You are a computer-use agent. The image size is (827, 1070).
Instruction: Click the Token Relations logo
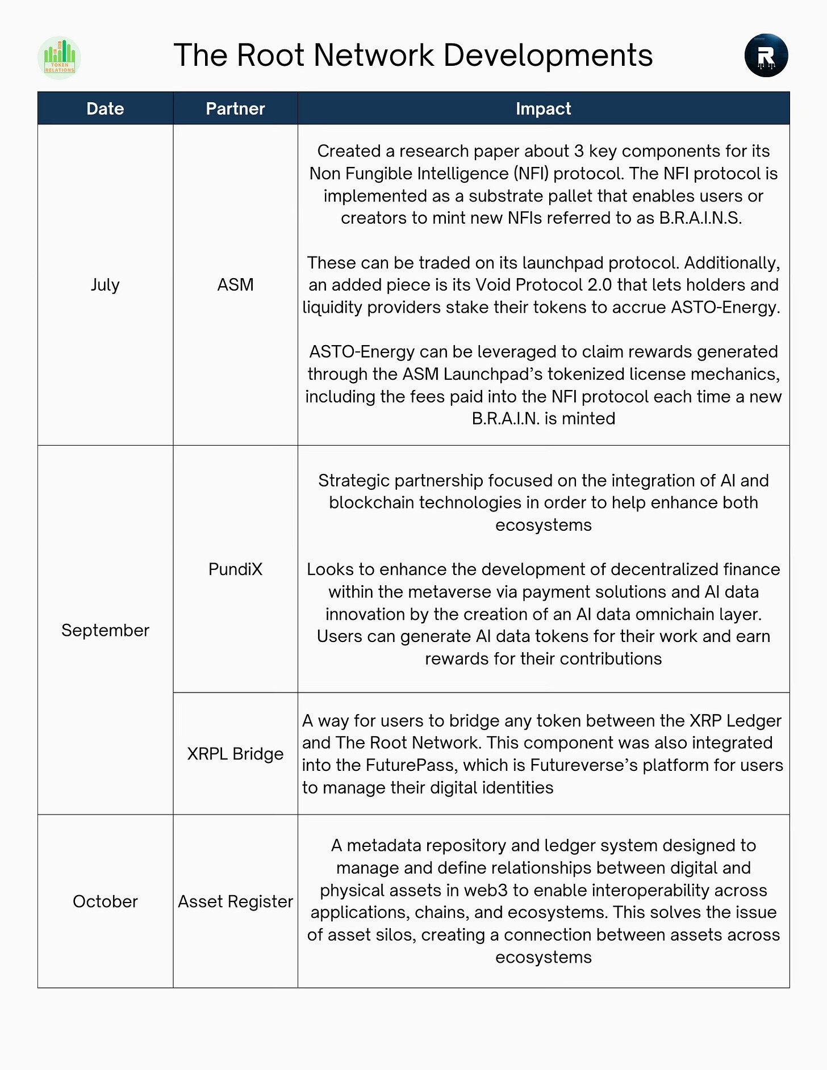click(x=59, y=57)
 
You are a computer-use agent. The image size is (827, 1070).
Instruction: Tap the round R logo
click(x=766, y=56)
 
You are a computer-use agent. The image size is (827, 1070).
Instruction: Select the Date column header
click(x=105, y=108)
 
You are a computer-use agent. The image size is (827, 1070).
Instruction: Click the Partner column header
click(x=235, y=108)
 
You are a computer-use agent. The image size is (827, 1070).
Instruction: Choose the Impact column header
click(x=543, y=108)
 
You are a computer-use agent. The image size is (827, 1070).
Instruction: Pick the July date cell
click(x=105, y=284)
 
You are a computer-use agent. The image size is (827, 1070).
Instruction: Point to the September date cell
click(x=105, y=630)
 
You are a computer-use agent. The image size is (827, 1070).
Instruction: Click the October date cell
click(x=105, y=901)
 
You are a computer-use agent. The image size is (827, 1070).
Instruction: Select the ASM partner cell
click(x=235, y=284)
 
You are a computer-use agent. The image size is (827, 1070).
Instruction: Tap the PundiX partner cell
click(x=235, y=569)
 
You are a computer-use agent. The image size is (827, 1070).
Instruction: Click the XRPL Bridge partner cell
click(x=235, y=754)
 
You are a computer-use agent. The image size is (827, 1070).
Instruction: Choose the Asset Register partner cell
click(x=235, y=901)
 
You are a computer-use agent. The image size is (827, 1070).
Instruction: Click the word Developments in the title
click(x=548, y=56)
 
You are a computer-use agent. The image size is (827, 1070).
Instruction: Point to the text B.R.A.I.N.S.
click(x=700, y=218)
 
